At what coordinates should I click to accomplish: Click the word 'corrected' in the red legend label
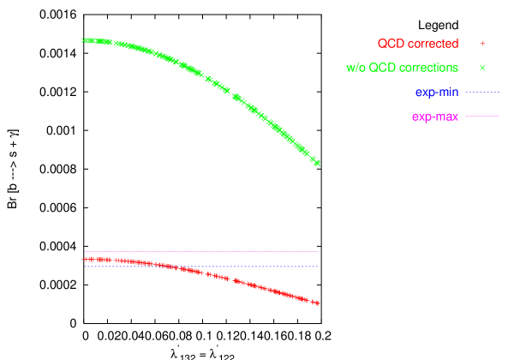click(x=430, y=44)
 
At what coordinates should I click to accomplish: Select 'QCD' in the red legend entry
click(x=389, y=44)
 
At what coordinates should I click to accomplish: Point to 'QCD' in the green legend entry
click(x=383, y=68)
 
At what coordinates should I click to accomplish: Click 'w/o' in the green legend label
click(x=356, y=68)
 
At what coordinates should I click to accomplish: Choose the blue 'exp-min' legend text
click(x=437, y=92)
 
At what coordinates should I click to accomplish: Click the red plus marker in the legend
click(x=482, y=43)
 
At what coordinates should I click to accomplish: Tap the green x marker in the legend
click(x=482, y=67)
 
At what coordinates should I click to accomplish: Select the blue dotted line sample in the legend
click(x=482, y=92)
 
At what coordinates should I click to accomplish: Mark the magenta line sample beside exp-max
click(x=482, y=116)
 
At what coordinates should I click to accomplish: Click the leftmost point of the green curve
click(x=84, y=40)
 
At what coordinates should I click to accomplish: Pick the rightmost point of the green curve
click(x=318, y=163)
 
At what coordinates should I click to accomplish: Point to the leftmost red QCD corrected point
click(x=84, y=258)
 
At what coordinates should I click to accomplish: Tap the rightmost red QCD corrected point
click(x=318, y=303)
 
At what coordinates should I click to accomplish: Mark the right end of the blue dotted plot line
click(x=318, y=266)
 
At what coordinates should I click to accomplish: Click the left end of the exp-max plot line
click(x=84, y=251)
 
